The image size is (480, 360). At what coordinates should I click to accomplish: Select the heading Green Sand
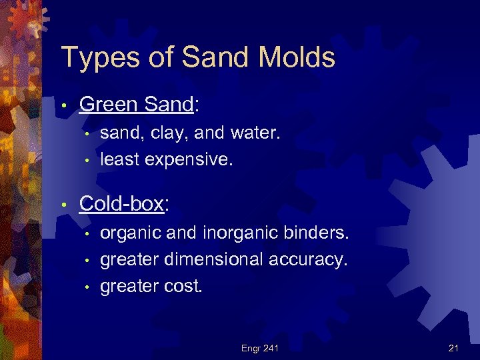point(136,104)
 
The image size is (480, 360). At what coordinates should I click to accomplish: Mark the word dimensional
point(216,259)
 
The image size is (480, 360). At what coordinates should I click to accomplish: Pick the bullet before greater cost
point(87,286)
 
